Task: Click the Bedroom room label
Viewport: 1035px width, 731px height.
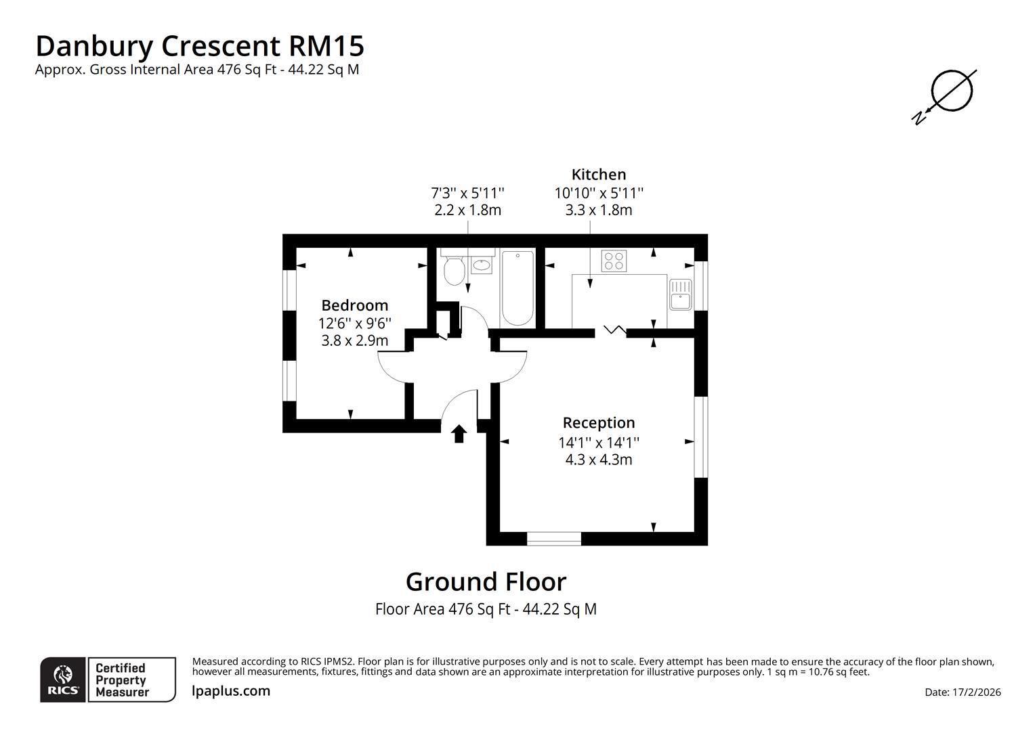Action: click(354, 305)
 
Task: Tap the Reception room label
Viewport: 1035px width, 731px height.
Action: click(599, 423)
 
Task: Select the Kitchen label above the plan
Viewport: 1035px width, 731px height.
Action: click(599, 175)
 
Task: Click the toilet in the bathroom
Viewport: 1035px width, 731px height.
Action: click(454, 272)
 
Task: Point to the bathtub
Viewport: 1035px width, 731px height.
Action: click(517, 288)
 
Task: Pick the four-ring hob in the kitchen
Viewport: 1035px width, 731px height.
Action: click(614, 261)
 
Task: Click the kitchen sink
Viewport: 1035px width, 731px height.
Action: click(680, 294)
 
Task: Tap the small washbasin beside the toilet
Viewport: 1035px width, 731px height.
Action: click(482, 265)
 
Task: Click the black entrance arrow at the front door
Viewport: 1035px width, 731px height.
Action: click(459, 433)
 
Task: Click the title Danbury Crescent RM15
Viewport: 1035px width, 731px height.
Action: click(200, 46)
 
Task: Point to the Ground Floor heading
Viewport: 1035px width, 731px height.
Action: click(486, 582)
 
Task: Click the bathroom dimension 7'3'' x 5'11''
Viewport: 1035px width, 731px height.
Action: click(467, 193)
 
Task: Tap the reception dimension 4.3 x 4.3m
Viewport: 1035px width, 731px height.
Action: click(599, 460)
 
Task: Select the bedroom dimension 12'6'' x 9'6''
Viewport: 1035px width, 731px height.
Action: click(354, 324)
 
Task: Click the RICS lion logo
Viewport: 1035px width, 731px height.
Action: click(63, 680)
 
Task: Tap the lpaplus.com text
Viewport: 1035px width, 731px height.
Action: click(231, 691)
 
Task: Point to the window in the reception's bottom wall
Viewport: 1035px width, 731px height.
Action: click(554, 539)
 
